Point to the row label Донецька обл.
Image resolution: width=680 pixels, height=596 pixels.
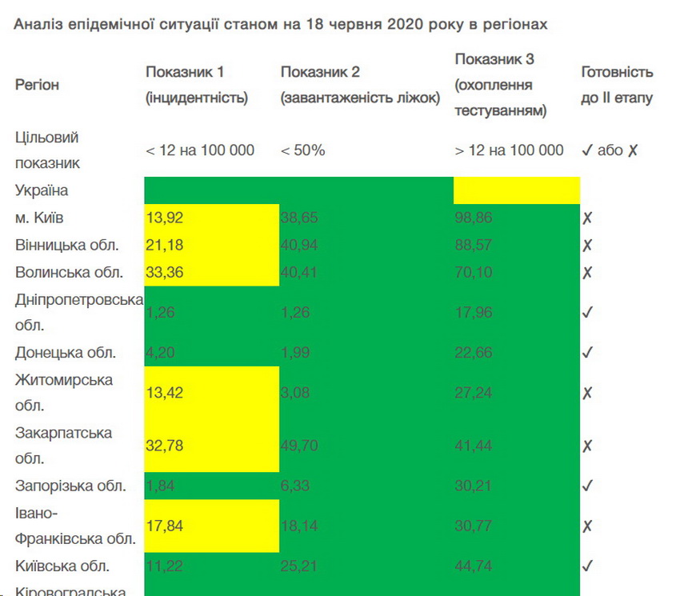click(x=66, y=353)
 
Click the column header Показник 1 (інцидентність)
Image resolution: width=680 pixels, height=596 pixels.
click(x=197, y=85)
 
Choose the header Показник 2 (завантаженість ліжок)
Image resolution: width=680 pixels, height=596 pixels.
click(x=360, y=85)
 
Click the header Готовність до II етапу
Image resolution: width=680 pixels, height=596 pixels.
click(x=617, y=85)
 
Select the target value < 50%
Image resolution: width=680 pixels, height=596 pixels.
click(x=302, y=150)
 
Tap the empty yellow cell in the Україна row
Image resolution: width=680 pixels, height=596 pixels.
click(x=516, y=190)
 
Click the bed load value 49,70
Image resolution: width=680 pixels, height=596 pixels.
click(x=299, y=446)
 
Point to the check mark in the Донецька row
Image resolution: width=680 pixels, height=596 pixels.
click(x=587, y=353)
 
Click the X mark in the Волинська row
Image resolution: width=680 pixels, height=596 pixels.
click(x=587, y=272)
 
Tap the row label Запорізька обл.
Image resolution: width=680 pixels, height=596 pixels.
click(x=70, y=486)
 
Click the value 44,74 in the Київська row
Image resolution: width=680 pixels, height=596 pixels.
click(x=474, y=566)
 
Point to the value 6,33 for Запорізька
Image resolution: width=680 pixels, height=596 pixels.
click(x=295, y=486)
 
